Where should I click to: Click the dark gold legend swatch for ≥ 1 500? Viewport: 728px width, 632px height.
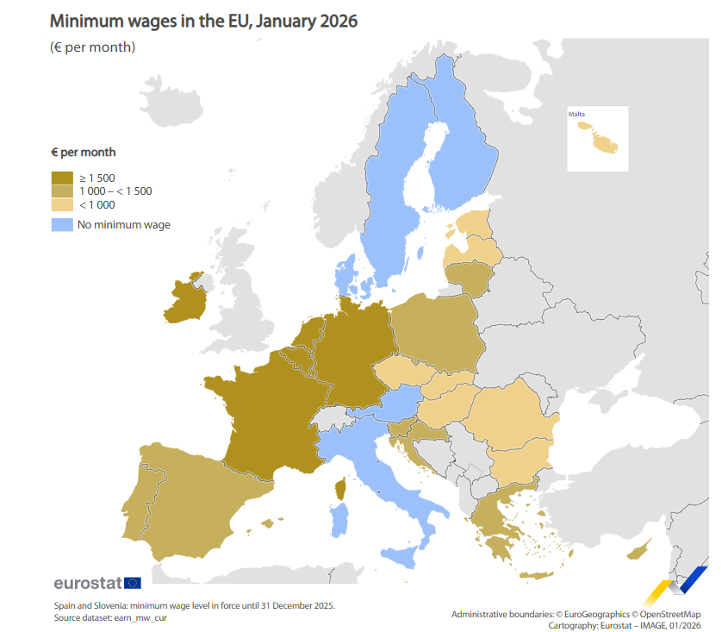(x=62, y=178)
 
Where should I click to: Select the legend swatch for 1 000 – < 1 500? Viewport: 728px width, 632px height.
(x=62, y=191)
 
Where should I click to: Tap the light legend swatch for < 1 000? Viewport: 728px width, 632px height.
(x=62, y=205)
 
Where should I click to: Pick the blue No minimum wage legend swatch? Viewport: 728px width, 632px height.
(x=62, y=225)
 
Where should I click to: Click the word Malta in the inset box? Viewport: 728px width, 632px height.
(x=577, y=114)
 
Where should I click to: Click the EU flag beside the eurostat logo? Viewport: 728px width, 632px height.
(x=133, y=583)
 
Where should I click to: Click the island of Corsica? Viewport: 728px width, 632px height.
(x=339, y=490)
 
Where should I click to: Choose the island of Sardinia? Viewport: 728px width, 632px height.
(x=339, y=521)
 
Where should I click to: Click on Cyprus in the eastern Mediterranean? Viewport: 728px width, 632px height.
(x=640, y=550)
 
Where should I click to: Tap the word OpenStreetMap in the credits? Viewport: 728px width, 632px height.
(x=675, y=614)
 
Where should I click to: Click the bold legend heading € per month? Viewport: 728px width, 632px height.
(x=83, y=153)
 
